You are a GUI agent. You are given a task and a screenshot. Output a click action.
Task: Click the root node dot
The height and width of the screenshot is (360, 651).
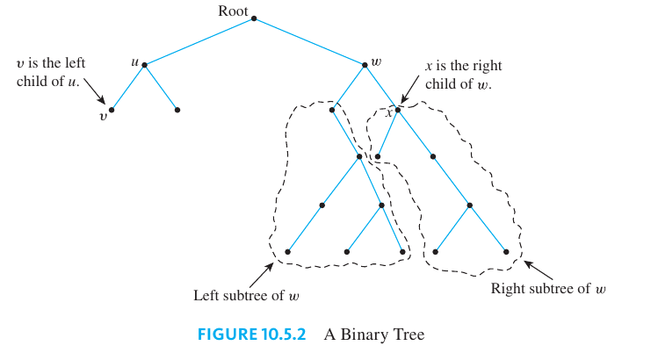click(253, 18)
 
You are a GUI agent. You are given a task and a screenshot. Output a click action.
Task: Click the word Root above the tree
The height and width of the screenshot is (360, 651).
click(233, 11)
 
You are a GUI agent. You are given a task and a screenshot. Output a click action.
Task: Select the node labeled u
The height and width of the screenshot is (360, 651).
click(144, 64)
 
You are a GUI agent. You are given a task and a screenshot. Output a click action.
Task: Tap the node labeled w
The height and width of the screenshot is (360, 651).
click(365, 64)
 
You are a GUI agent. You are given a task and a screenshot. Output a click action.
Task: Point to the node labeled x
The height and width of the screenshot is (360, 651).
click(398, 110)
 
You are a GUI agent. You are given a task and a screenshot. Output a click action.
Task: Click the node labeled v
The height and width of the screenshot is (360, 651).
click(112, 110)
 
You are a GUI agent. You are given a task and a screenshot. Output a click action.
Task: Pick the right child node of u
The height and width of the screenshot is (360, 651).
click(177, 110)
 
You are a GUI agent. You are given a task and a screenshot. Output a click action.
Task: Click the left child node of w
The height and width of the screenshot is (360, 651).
click(332, 110)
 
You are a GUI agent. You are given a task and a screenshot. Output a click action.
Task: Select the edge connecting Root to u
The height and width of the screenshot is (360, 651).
click(199, 41)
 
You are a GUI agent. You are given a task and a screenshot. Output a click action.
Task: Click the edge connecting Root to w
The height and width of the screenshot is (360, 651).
click(309, 41)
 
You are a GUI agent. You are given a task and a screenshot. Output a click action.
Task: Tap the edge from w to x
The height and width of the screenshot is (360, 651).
click(381, 87)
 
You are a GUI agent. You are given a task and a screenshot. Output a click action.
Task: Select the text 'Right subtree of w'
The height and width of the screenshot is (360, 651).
click(548, 288)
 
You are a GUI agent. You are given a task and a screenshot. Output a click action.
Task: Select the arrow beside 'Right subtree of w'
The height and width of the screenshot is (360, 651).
click(539, 268)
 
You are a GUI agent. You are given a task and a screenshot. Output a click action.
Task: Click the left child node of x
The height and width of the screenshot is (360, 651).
click(378, 158)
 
